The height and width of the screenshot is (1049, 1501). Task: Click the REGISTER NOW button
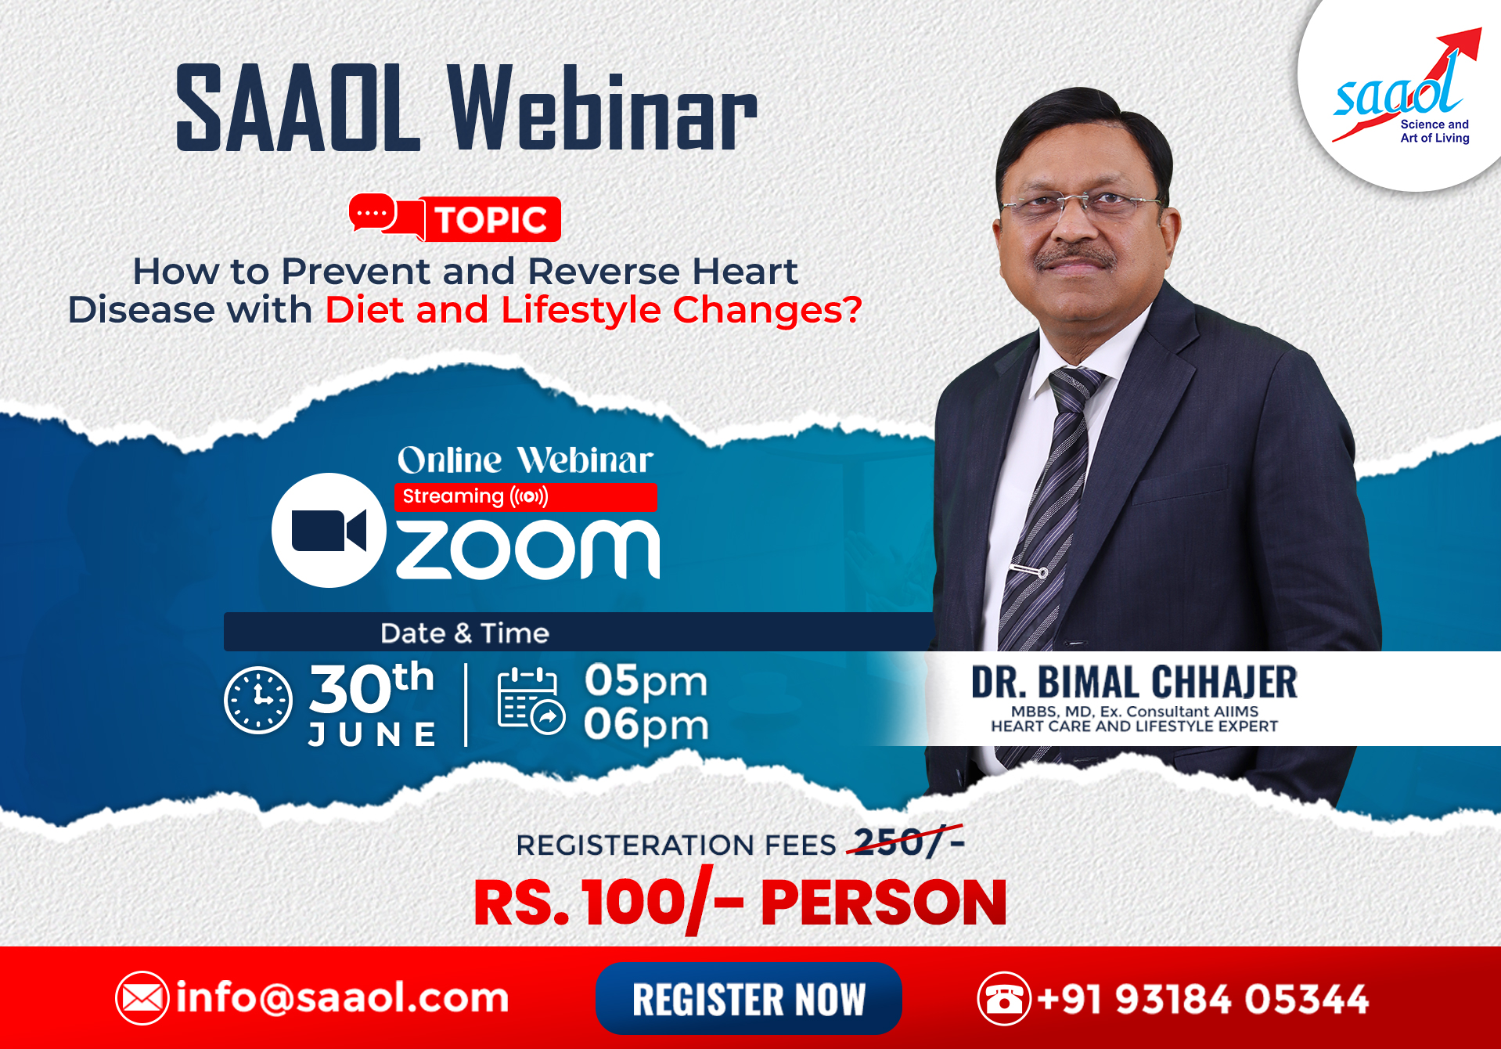click(748, 998)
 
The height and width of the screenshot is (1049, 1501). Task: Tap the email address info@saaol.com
click(342, 998)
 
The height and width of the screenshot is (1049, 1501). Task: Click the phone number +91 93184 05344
click(1203, 999)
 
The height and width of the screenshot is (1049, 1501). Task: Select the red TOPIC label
click(491, 219)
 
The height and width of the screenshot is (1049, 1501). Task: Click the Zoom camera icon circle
click(329, 530)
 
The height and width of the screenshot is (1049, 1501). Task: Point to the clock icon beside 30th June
click(258, 700)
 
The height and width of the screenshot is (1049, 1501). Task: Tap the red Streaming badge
click(525, 496)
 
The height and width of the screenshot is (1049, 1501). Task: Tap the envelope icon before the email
click(142, 998)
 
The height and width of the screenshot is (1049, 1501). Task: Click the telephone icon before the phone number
click(1004, 998)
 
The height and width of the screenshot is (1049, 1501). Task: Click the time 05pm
click(646, 680)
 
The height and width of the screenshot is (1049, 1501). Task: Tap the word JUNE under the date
click(373, 734)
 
